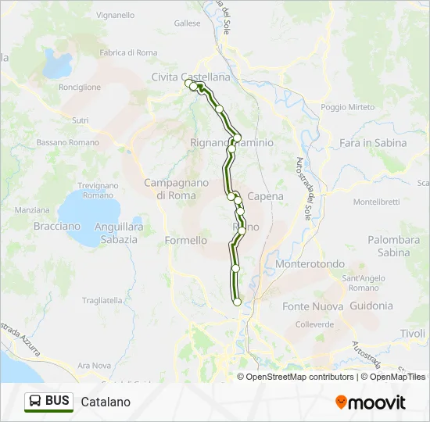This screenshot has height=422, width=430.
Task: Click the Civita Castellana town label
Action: coord(191,77)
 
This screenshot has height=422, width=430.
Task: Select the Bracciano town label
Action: coord(57,226)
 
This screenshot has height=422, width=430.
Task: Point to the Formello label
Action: coord(186,241)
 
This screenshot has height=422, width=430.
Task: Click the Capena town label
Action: coord(265,197)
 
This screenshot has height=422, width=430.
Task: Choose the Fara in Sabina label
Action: coord(374,143)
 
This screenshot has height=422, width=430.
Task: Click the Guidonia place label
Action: coord(371,306)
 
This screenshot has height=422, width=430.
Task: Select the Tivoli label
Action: coord(412,334)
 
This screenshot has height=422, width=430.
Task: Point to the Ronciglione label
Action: coord(80,88)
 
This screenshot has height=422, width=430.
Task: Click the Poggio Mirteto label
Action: coord(347,107)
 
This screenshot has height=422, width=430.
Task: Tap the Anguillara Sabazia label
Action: coord(118,233)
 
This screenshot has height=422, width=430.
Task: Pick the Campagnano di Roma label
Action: coord(176,188)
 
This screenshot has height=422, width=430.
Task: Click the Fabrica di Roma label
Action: coord(128,52)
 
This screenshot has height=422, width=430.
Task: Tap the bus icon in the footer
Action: coord(35,402)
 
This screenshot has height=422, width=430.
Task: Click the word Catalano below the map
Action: coord(105,402)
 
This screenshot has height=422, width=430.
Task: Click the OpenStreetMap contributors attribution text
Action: coord(300,377)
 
